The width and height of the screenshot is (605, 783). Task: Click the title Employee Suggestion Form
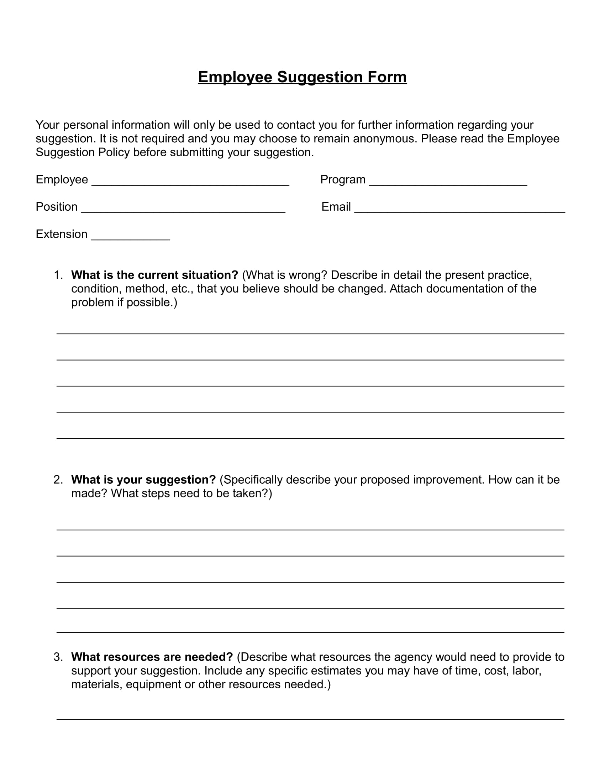tap(302, 77)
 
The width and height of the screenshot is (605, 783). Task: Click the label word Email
tap(336, 207)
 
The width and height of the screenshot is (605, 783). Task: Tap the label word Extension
tap(61, 234)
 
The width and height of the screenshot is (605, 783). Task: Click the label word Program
tap(343, 180)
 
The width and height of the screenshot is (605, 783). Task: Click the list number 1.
tap(58, 275)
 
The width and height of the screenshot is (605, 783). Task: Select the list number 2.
tap(58, 480)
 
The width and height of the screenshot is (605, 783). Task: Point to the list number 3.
tap(58, 657)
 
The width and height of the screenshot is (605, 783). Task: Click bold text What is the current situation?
tap(154, 275)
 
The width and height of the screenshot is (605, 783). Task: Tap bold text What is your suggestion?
tap(143, 480)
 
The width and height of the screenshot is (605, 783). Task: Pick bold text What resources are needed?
tap(152, 657)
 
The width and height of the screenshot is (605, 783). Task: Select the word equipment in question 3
tap(153, 684)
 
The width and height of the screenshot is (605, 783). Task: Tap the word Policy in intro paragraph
tap(114, 152)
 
